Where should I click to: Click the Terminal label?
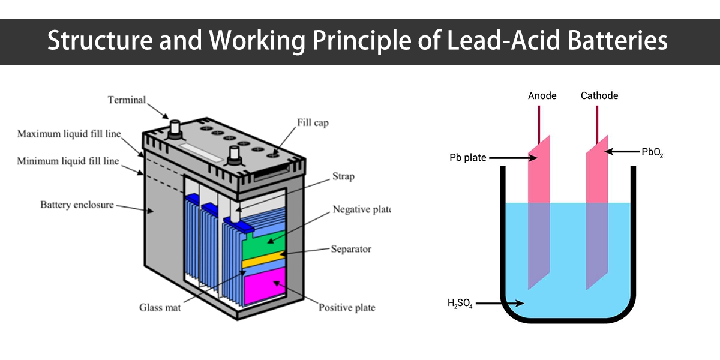(x=127, y=100)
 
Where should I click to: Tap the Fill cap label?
(x=313, y=123)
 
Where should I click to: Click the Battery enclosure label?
(x=77, y=205)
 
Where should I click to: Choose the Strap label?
(x=343, y=176)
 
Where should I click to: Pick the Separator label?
(x=351, y=249)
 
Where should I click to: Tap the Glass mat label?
(x=160, y=308)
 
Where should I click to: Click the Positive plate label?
(x=347, y=308)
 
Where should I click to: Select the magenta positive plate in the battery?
(x=264, y=283)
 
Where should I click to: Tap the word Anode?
(x=542, y=96)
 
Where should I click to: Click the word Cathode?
(x=599, y=96)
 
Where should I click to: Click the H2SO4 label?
(x=460, y=304)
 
